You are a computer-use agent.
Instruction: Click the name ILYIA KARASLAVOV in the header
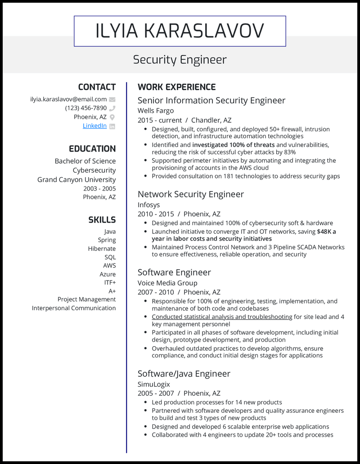click(180, 31)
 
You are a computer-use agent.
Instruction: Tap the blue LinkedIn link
click(94, 126)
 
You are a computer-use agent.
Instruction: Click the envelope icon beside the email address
click(112, 99)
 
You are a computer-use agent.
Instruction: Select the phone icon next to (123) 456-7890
click(112, 108)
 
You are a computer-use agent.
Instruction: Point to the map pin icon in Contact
click(112, 117)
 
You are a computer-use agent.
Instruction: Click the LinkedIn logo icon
click(112, 126)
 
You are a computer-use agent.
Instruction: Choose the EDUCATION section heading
click(92, 149)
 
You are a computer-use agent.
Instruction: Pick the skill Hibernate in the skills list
click(102, 249)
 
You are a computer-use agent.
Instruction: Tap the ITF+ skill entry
click(110, 282)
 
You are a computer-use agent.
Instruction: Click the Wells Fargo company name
click(156, 111)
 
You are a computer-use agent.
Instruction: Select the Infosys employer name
click(148, 205)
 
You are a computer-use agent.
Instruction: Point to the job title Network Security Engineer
click(191, 194)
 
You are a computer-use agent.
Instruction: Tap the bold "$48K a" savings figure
click(326, 232)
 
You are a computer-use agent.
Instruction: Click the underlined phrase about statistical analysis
click(222, 317)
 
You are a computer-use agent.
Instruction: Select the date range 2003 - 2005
click(99, 188)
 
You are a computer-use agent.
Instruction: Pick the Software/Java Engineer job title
click(184, 374)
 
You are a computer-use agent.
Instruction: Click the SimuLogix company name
click(154, 384)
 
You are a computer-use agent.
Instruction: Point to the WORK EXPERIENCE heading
click(176, 87)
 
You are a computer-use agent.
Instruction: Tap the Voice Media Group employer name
click(167, 283)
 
